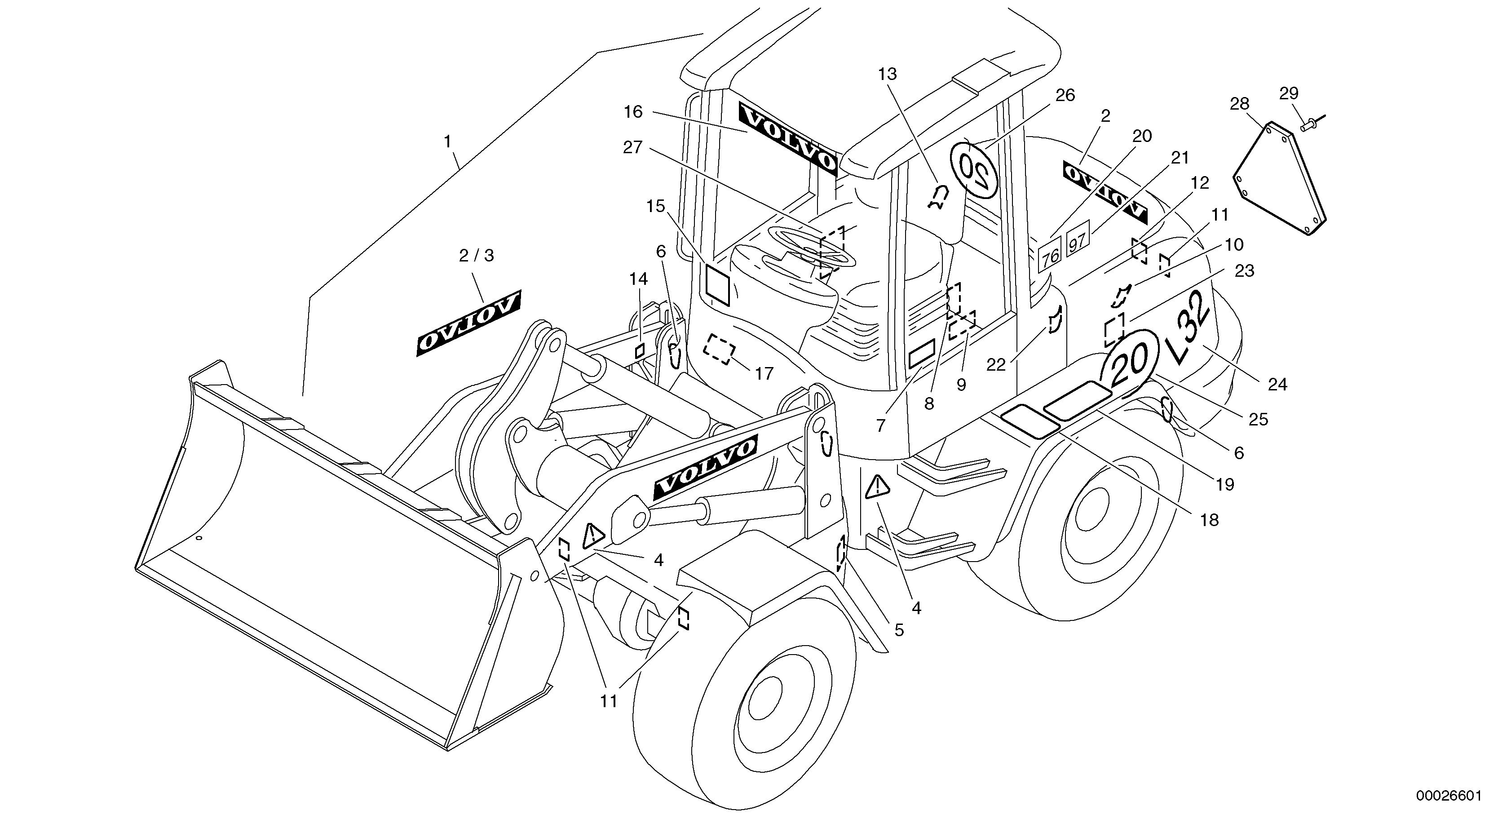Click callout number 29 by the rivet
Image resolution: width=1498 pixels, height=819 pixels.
(x=1289, y=93)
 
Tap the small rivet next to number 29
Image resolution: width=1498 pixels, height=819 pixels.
(x=1307, y=124)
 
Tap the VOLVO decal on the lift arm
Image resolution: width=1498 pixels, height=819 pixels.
(x=705, y=468)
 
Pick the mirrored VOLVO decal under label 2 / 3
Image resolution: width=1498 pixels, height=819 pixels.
(x=468, y=323)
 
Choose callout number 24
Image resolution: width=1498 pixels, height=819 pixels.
(x=1277, y=384)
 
